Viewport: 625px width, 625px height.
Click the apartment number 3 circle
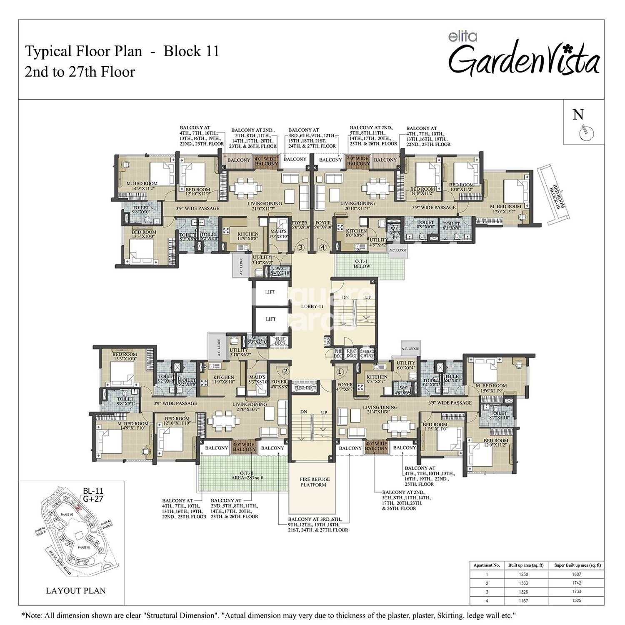[x=301, y=247]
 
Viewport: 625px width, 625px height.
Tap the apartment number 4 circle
[x=323, y=247]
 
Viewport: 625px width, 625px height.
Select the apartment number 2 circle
[x=285, y=371]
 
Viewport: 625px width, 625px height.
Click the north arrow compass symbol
[x=586, y=132]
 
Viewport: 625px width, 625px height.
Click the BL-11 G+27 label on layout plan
[x=92, y=495]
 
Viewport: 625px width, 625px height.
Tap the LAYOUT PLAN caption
[x=75, y=590]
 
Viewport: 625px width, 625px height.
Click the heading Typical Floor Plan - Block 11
[x=122, y=51]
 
